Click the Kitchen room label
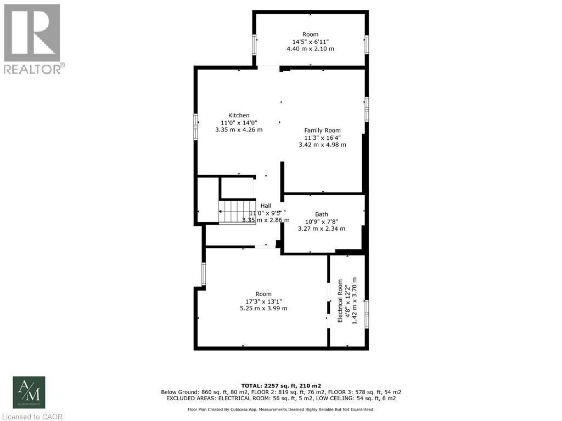[x=239, y=115]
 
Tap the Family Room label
[x=323, y=130]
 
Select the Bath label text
[x=322, y=214]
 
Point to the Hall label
[x=266, y=206]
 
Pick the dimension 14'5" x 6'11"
[x=310, y=42]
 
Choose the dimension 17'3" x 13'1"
[x=263, y=301]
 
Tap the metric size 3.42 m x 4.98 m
[x=323, y=145]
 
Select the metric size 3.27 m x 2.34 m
[x=322, y=229]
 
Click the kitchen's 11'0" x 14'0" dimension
[x=239, y=123]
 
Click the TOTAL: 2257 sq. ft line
[x=280, y=385]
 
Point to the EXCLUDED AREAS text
[x=280, y=399]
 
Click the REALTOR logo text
[x=33, y=69]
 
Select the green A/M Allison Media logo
[x=29, y=392]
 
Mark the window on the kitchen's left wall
[x=195, y=128]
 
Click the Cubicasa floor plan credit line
[x=281, y=409]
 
